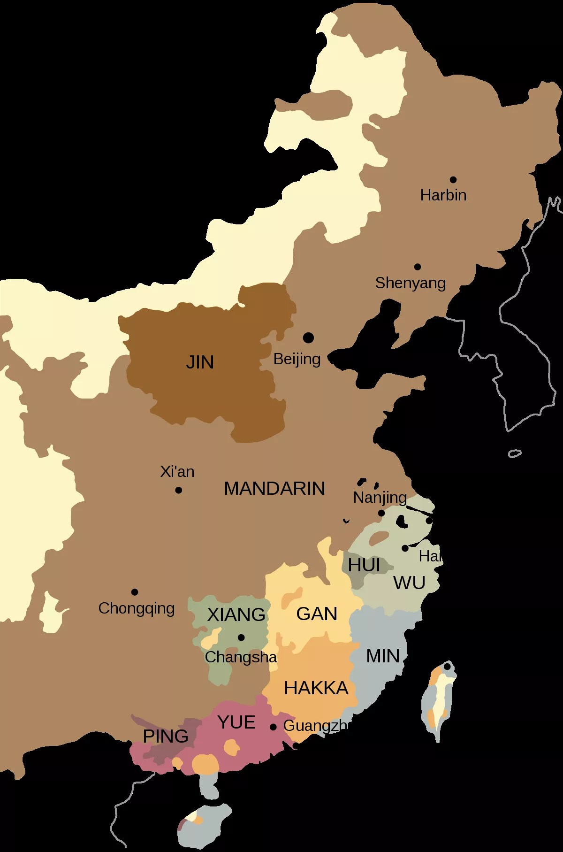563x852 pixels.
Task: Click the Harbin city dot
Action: point(453,180)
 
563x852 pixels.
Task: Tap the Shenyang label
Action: point(410,283)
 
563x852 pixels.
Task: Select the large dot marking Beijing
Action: point(308,338)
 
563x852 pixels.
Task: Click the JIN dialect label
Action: point(200,362)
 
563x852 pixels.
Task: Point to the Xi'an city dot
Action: point(178,490)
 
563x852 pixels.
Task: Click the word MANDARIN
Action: point(274,489)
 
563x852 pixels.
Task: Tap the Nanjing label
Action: point(380,497)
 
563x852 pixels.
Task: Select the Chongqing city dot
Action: point(135,592)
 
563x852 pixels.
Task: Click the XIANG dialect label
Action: point(236,614)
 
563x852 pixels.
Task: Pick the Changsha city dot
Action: point(241,637)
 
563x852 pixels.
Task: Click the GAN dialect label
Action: point(317,614)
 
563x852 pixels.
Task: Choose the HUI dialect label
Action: point(364,565)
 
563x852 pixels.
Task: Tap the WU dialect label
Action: point(409,583)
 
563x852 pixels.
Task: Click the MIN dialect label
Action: point(383,656)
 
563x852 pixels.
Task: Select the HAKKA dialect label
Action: point(316,688)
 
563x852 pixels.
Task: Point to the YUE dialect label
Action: point(236,722)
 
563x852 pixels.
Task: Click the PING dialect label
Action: point(165,736)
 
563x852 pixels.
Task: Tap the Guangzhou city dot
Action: point(273,727)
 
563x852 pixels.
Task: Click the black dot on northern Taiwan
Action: point(447,667)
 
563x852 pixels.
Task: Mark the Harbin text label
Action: point(443,195)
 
